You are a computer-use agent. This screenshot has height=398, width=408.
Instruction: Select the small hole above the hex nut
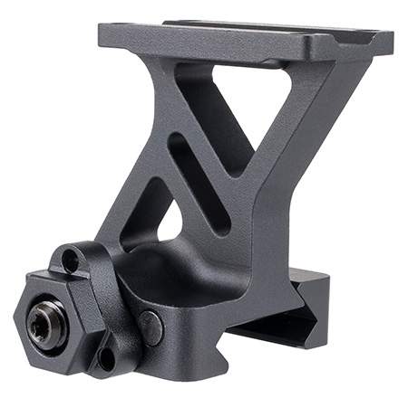pos(70,264)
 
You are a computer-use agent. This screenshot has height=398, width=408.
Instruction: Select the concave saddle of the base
pos(181,271)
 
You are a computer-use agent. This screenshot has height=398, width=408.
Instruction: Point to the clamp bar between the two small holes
pos(91,308)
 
